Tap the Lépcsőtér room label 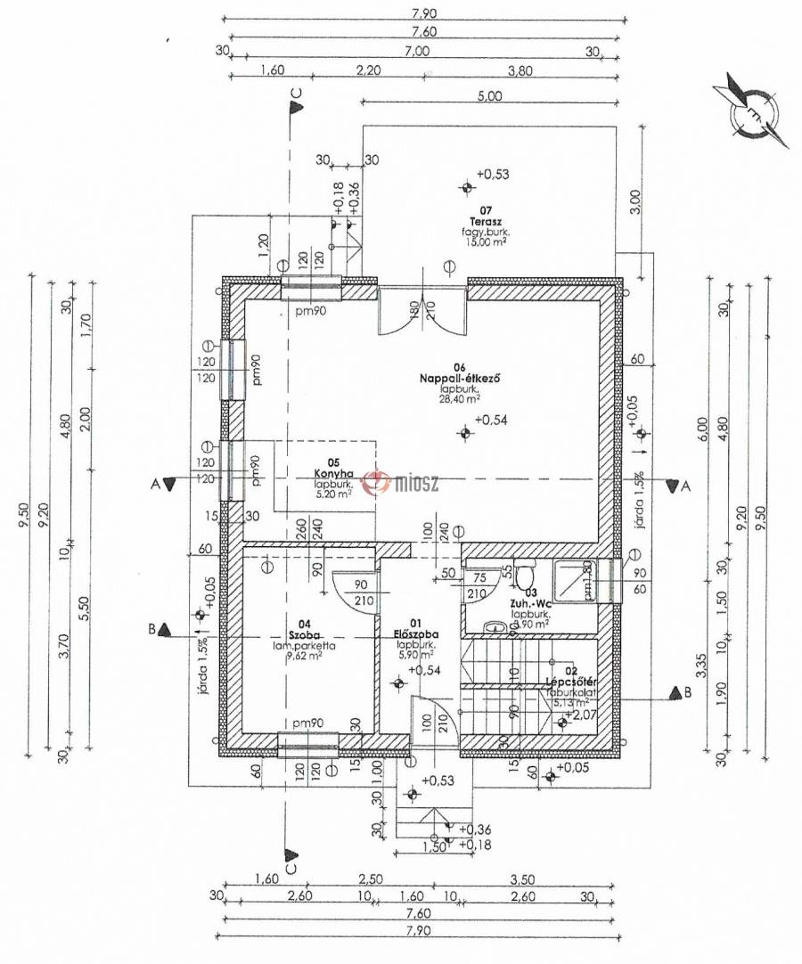pos(569,682)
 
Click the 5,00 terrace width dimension pos(489,97)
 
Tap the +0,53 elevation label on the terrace pos(492,175)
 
